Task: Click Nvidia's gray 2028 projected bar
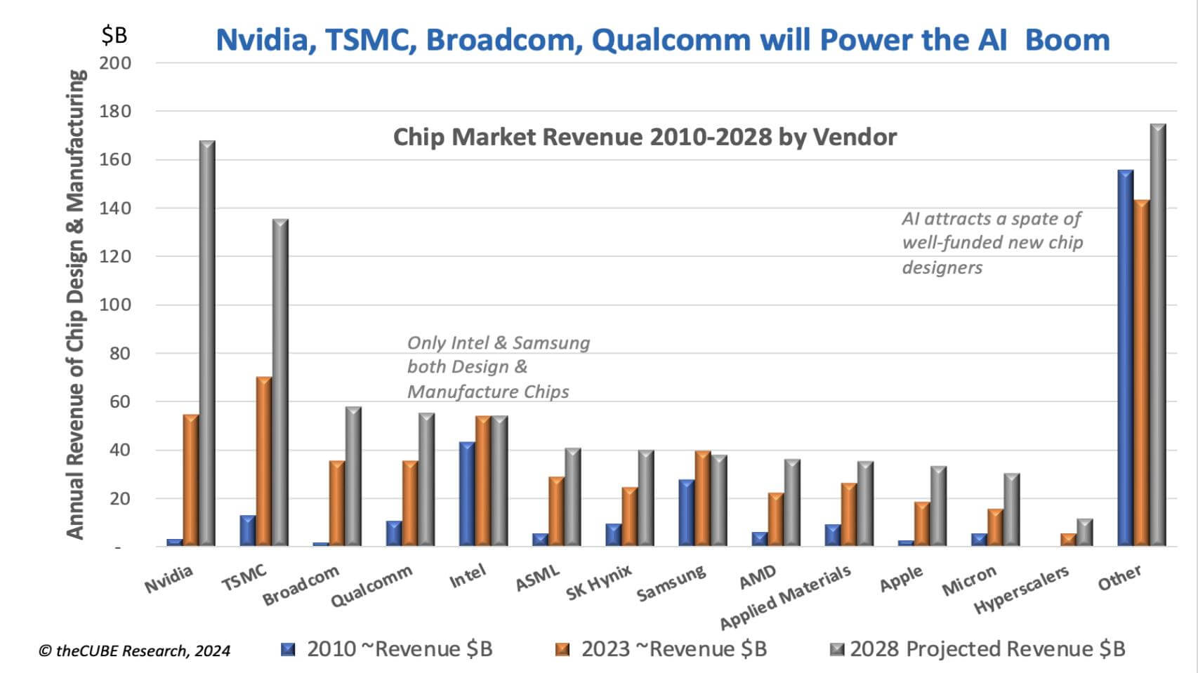click(207, 344)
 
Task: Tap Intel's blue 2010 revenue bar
click(466, 494)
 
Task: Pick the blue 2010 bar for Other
click(1125, 358)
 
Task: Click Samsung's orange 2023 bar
click(703, 498)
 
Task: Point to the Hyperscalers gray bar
click(1084, 533)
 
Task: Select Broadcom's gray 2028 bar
click(353, 477)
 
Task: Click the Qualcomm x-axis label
click(371, 587)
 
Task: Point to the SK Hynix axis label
click(599, 582)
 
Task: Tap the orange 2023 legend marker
click(562, 649)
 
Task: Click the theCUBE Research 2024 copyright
click(134, 651)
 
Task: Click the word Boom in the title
click(1067, 40)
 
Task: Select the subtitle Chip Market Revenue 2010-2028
click(644, 137)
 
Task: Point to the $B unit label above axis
click(114, 34)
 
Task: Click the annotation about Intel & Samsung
click(498, 367)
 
